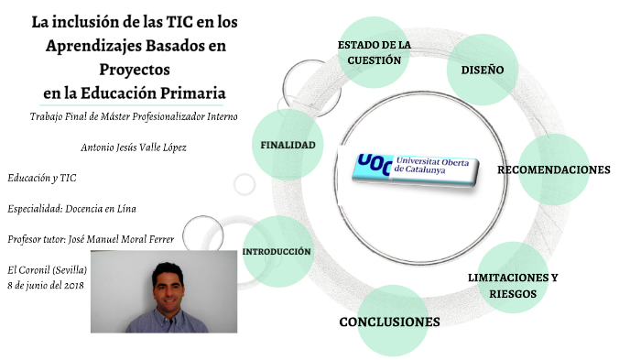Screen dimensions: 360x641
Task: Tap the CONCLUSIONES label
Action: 389,322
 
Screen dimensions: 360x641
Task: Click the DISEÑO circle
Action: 483,70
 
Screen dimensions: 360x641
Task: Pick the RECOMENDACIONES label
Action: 553,170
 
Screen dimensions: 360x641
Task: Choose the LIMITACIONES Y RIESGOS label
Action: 512,285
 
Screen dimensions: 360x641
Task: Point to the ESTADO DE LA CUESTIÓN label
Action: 375,52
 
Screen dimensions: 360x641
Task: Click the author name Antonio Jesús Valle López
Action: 134,147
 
